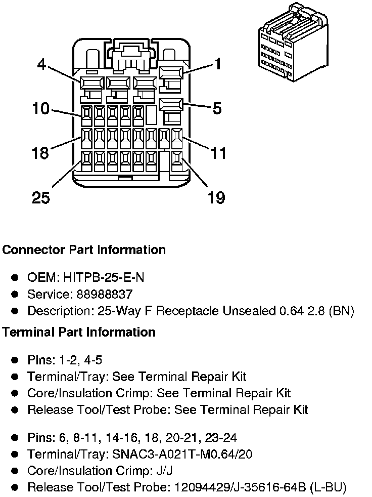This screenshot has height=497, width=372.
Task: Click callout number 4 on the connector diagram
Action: [41, 64]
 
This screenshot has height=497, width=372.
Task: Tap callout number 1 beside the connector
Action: [217, 64]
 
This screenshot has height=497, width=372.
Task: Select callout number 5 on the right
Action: [217, 108]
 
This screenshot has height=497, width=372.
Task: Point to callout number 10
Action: [41, 108]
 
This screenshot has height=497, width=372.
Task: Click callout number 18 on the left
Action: [40, 153]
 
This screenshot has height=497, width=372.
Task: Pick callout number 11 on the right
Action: [218, 153]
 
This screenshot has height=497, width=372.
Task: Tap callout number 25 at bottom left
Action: [41, 197]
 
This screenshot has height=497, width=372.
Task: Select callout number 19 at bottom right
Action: [216, 197]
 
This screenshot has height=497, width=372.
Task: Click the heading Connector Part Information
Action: [84, 250]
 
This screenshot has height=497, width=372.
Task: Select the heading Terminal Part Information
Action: [79, 332]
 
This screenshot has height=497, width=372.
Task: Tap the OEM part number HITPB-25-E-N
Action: [104, 277]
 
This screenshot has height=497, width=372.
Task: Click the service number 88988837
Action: [105, 294]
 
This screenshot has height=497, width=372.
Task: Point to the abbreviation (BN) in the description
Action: [341, 311]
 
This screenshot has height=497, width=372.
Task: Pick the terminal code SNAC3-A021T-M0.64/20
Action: [182, 454]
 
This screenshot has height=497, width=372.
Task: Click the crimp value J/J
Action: [165, 471]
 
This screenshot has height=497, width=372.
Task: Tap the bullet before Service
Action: [15, 294]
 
